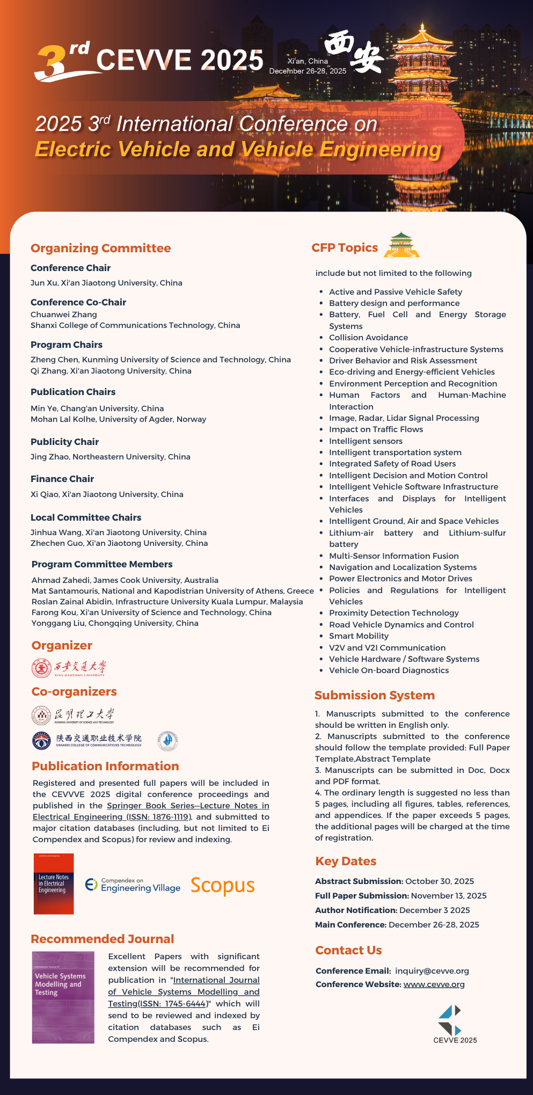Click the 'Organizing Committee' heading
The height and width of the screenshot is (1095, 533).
click(100, 248)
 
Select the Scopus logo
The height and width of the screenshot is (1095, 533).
click(222, 885)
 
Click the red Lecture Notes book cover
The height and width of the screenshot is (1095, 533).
click(54, 884)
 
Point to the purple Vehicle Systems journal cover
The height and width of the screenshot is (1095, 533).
click(63, 997)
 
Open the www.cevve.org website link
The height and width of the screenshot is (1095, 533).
click(434, 984)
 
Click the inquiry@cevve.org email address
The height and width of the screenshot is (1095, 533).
click(432, 970)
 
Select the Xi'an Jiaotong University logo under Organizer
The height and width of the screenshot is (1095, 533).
click(69, 668)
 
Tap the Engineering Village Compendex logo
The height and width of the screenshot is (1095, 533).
click(133, 885)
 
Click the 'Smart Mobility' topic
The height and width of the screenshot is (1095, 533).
click(359, 636)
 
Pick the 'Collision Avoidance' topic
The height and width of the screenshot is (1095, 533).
click(368, 338)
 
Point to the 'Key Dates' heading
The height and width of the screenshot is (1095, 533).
click(345, 861)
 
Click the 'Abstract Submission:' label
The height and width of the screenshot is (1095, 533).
click(359, 881)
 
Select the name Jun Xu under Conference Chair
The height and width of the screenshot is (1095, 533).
click(43, 283)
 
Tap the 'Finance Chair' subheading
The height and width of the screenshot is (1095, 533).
click(62, 479)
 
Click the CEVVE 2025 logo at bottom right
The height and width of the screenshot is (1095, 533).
click(454, 1024)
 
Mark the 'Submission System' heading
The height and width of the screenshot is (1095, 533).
click(374, 695)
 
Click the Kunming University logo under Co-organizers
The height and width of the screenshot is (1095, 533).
click(73, 716)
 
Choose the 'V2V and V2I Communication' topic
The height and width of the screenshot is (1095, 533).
click(387, 648)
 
